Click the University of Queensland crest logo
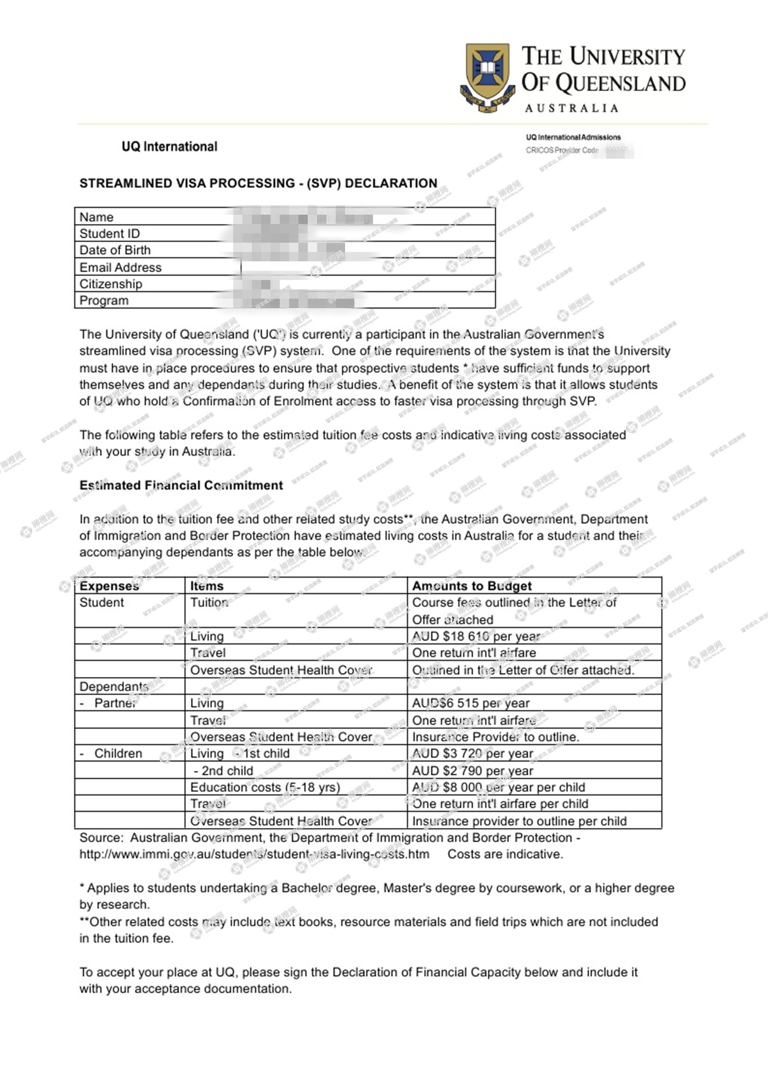(x=487, y=77)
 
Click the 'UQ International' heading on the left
(x=170, y=147)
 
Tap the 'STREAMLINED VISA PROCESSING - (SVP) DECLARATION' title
(x=258, y=183)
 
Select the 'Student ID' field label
(x=110, y=234)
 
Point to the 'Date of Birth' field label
(x=115, y=250)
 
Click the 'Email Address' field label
(x=121, y=267)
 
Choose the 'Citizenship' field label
(x=111, y=284)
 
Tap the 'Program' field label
(x=104, y=301)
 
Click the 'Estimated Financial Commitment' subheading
(x=181, y=485)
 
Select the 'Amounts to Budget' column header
(x=472, y=586)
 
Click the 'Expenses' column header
(x=109, y=586)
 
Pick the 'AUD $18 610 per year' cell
(x=476, y=636)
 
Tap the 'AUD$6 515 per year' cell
(x=471, y=703)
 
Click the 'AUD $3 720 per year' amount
(x=472, y=754)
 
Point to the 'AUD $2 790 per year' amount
(x=472, y=771)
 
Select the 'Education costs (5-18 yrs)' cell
(x=265, y=787)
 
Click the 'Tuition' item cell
(x=209, y=603)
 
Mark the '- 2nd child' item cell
(x=223, y=771)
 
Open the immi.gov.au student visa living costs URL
(x=254, y=854)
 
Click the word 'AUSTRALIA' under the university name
(x=572, y=108)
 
